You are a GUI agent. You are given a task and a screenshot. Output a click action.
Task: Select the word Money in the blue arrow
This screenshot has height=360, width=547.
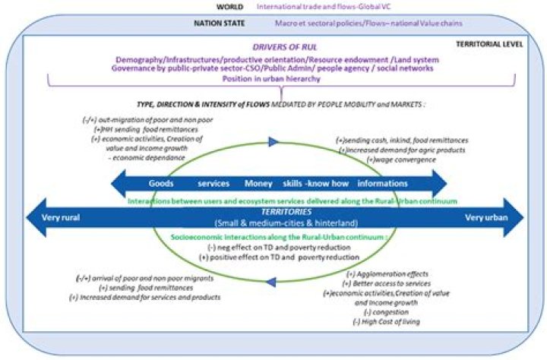click(x=258, y=183)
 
